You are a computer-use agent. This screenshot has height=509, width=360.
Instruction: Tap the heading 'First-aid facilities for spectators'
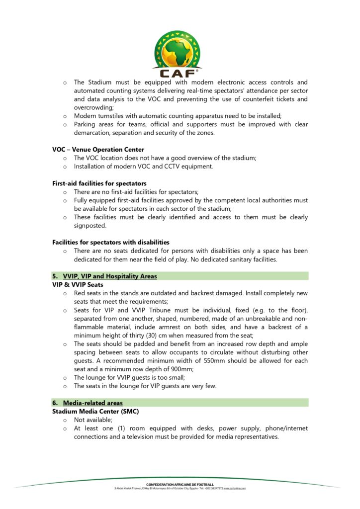(x=99, y=183)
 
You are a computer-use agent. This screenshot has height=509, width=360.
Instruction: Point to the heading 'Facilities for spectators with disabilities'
(x=111, y=242)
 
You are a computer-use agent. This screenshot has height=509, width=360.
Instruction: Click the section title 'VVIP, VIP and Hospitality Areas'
(x=110, y=276)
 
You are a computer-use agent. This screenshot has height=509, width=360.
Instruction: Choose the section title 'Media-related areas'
(x=92, y=403)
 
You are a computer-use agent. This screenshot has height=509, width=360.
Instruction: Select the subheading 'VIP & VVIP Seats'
(x=78, y=285)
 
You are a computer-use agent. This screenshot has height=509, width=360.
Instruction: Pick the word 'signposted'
(x=90, y=226)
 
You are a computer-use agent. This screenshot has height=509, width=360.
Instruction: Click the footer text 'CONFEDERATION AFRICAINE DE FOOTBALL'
(x=180, y=484)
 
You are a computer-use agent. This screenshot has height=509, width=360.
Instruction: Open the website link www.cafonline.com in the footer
(x=235, y=488)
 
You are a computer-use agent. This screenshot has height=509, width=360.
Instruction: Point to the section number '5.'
(x=56, y=276)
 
